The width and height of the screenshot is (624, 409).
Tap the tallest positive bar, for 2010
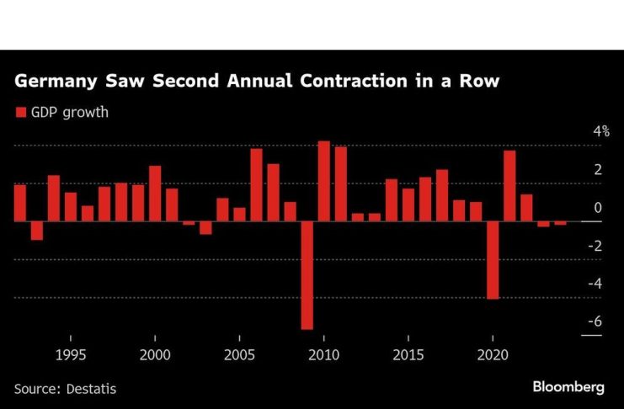click(324, 181)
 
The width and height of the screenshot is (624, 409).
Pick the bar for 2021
click(509, 185)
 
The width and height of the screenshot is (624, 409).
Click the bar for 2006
click(256, 184)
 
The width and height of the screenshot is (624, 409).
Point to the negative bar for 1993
click(37, 230)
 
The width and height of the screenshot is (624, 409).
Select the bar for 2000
click(155, 193)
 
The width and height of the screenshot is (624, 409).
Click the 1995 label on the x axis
click(70, 353)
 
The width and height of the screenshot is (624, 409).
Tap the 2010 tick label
click(324, 353)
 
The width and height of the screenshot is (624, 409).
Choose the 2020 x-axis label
click(493, 353)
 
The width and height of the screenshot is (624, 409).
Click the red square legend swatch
click(19, 112)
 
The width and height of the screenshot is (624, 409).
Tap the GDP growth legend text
click(71, 112)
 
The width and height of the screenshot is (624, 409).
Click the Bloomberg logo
click(568, 387)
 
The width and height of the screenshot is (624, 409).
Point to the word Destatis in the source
click(93, 388)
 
